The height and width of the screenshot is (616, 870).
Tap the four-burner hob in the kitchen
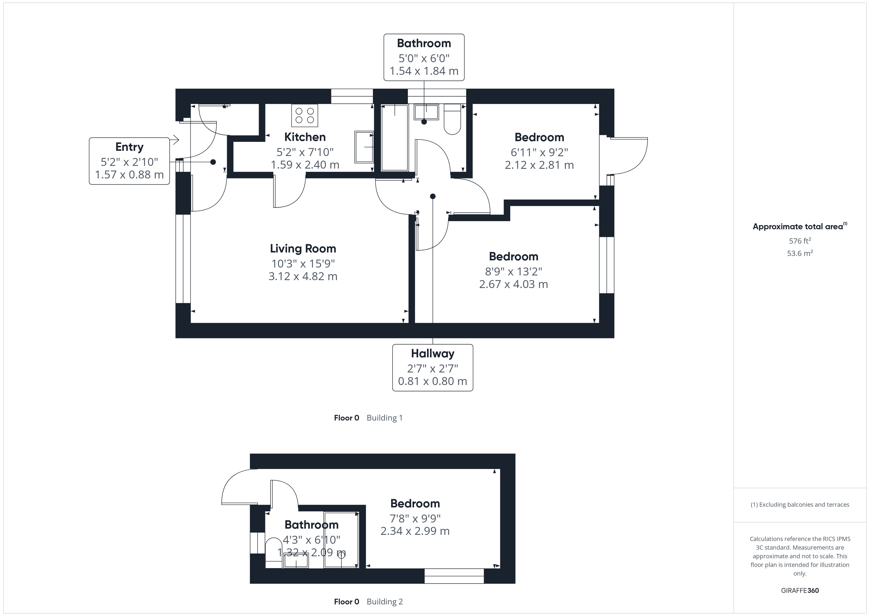[x=305, y=115]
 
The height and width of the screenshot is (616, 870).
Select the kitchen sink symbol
[x=364, y=147]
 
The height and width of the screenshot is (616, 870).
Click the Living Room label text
[x=303, y=249]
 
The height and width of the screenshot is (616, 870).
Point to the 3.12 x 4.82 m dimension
[x=303, y=276]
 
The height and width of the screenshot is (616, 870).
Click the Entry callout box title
[x=129, y=147]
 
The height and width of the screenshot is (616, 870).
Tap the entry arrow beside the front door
[x=175, y=140]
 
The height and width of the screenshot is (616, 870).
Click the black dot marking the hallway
[x=433, y=196]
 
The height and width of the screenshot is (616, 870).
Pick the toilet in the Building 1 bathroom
[x=452, y=119]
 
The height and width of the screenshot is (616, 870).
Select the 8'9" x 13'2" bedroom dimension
[x=513, y=271]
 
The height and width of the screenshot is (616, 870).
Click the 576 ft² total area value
[x=799, y=241]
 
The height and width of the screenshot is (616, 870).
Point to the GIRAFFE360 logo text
[x=799, y=591]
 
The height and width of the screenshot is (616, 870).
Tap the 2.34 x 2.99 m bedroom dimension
[x=415, y=531]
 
